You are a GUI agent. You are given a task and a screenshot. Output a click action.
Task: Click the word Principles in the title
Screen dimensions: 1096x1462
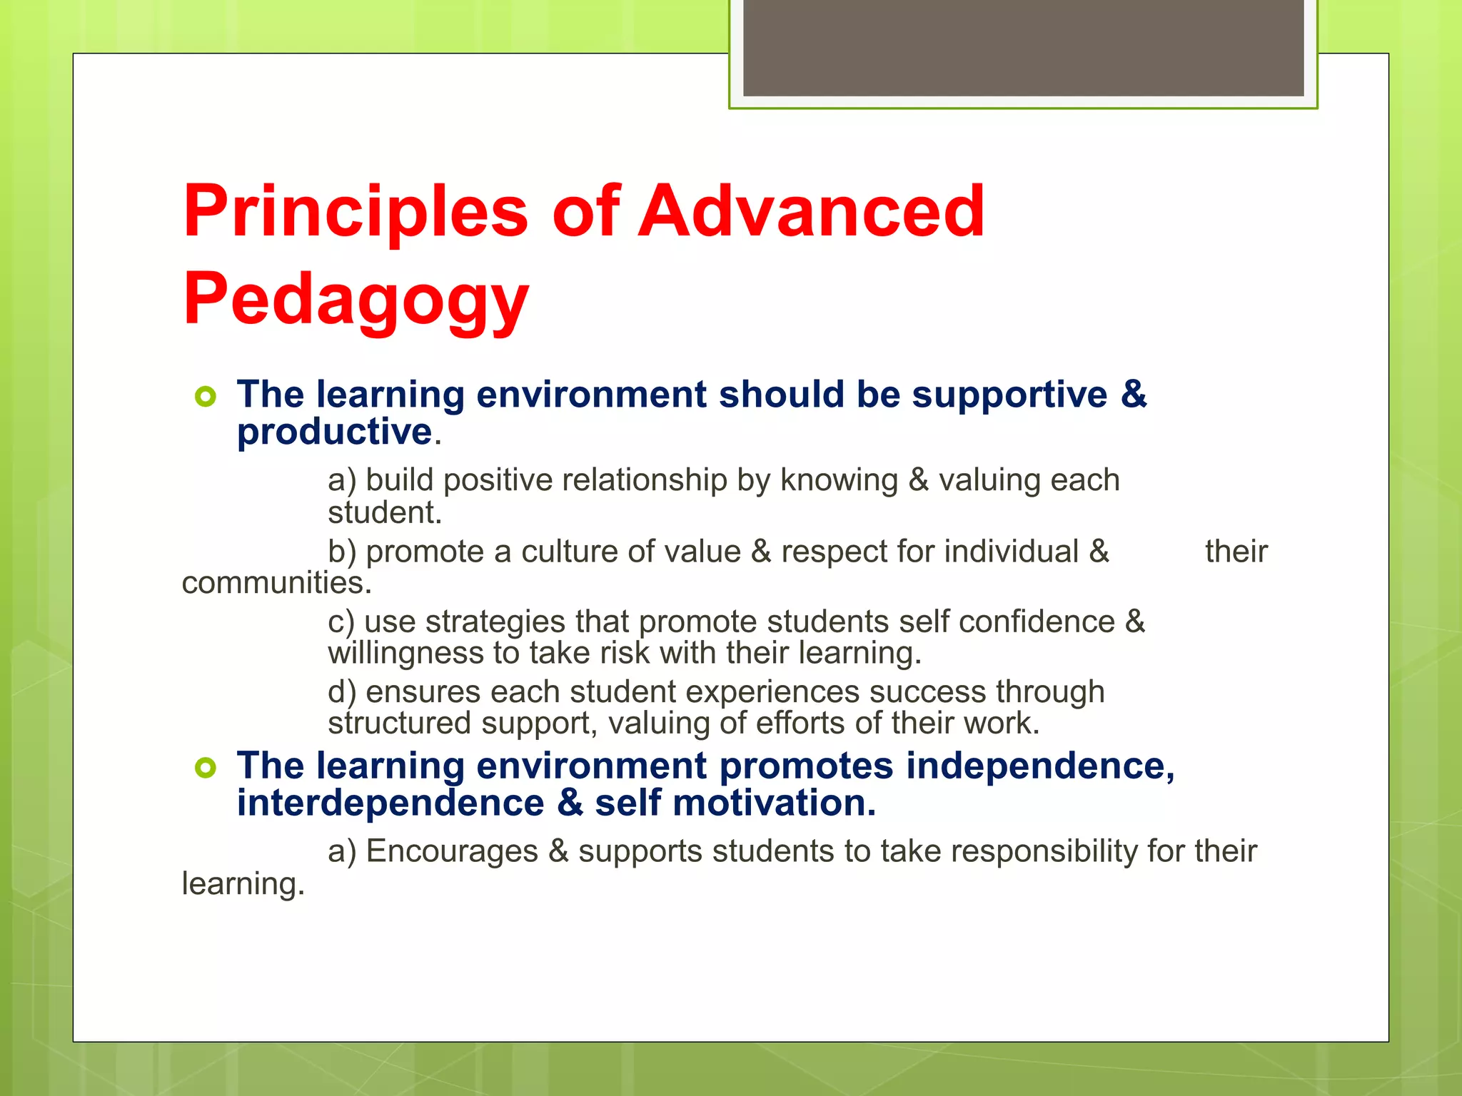(355, 212)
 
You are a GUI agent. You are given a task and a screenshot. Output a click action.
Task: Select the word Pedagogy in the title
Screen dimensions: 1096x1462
(356, 300)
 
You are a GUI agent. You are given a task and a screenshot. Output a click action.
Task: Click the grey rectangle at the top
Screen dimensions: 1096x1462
(1023, 47)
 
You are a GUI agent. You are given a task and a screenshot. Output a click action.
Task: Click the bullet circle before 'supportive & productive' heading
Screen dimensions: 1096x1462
(205, 396)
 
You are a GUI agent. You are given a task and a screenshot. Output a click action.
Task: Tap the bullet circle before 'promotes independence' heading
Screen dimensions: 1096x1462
(205, 768)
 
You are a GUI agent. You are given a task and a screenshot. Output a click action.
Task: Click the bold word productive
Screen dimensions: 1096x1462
(334, 432)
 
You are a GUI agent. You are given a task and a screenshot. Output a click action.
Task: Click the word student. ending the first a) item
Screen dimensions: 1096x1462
(385, 512)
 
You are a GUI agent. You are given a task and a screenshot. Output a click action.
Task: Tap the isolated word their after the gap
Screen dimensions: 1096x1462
(1236, 552)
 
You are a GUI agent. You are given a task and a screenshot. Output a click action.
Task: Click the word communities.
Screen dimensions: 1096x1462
(276, 583)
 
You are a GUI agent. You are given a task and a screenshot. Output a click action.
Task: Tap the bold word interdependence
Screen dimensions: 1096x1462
(390, 803)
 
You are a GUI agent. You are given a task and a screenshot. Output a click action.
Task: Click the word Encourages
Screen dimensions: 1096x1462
(452, 851)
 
